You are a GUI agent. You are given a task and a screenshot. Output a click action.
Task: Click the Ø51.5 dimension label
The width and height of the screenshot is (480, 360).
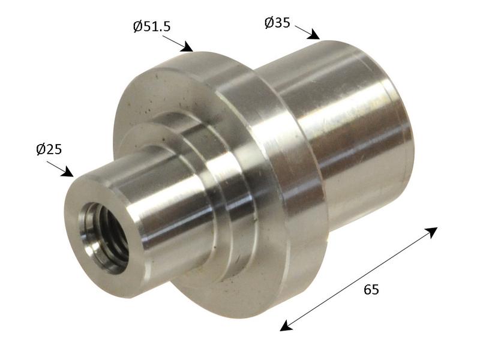coord(152,26)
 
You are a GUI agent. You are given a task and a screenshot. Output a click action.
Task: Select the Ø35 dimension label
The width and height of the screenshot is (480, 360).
coord(277,23)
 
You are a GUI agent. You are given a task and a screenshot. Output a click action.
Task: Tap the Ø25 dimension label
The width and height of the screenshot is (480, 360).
coord(49,149)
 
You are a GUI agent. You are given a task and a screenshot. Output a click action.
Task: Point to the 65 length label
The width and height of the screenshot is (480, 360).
coord(371,289)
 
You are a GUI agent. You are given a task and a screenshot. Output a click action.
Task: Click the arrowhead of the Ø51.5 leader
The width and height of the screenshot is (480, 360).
coord(187,47)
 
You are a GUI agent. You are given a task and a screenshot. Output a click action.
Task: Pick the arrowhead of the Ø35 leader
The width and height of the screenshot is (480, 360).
coord(313,34)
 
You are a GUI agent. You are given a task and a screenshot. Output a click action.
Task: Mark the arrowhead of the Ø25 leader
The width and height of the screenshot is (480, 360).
coord(67,172)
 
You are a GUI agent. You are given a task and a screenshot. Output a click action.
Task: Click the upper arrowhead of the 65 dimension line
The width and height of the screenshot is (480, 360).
coord(431,232)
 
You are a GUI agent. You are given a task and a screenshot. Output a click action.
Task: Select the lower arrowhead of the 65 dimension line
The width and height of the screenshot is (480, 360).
coord(287,326)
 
